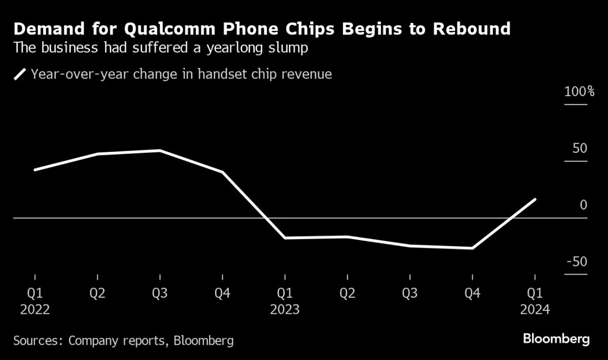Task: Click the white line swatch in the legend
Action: [20, 75]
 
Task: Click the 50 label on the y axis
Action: [580, 149]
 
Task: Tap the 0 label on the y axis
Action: [583, 205]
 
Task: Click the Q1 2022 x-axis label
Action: [35, 301]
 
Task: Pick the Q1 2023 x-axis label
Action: [285, 301]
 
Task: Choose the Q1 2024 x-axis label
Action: [535, 301]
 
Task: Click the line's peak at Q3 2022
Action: [160, 150]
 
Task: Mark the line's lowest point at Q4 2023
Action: [472, 248]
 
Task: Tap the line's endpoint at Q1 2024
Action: [535, 199]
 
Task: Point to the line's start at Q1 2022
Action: [35, 170]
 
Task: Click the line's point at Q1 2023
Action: [285, 237]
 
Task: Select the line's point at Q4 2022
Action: [222, 172]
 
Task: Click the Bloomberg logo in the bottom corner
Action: [556, 339]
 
